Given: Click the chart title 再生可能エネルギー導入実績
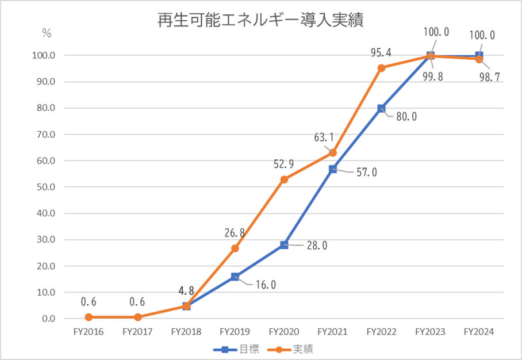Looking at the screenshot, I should tap(260, 21).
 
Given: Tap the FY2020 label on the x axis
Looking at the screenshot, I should tap(283, 332).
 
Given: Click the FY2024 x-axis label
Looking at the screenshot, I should tap(479, 332).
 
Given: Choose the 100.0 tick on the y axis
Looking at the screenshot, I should tap(41, 56).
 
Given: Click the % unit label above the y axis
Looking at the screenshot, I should tap(46, 33).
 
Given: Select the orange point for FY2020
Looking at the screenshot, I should tap(283, 179).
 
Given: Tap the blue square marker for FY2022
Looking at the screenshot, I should tap(381, 108).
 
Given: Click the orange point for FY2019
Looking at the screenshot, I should tap(235, 248).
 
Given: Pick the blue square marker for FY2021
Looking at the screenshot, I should tap(332, 169).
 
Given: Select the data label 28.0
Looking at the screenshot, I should tap(316, 246).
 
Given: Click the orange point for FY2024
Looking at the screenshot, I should tap(479, 59).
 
